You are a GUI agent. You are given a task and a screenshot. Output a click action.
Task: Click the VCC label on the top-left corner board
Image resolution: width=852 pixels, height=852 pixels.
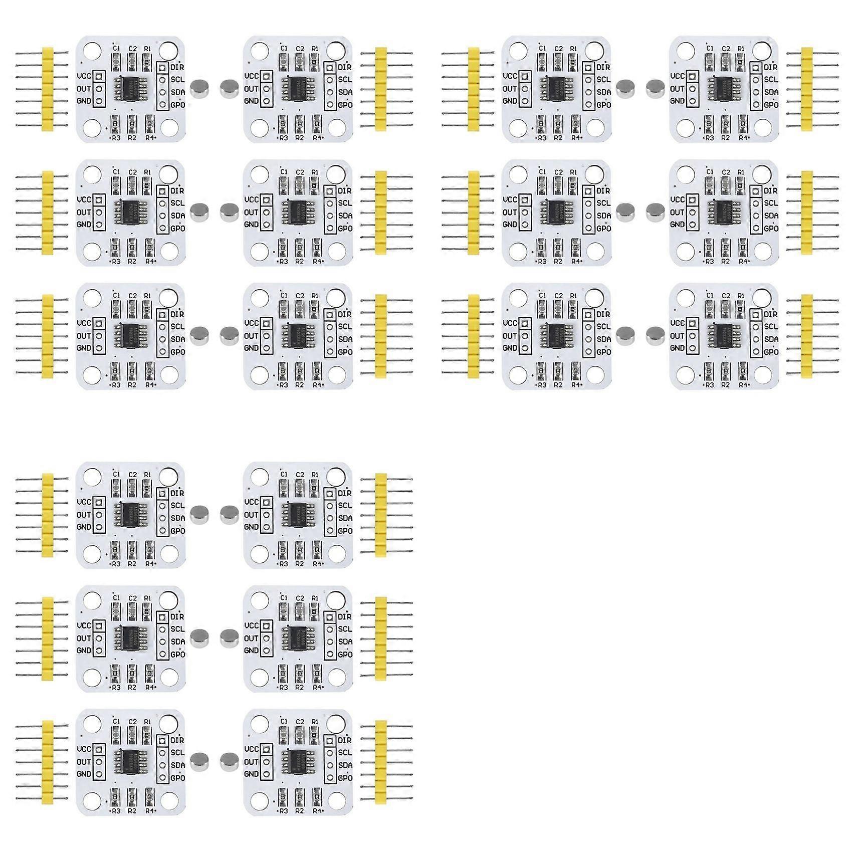84,76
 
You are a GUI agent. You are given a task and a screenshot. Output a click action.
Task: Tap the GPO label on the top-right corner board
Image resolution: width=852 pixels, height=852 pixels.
771,105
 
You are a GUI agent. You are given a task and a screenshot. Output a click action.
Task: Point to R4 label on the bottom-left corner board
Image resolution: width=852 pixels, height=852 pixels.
149,810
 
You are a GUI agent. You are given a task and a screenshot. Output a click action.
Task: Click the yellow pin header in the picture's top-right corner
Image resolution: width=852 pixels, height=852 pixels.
807,89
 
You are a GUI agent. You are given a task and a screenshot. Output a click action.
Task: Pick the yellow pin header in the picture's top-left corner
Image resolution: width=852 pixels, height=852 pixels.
48,89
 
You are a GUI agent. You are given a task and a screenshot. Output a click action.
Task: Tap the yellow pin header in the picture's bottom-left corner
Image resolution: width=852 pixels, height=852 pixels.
48,762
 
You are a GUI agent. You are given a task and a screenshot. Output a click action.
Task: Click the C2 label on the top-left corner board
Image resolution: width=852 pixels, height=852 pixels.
132,49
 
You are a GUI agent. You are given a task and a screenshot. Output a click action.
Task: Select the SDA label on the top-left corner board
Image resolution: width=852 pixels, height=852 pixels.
178,92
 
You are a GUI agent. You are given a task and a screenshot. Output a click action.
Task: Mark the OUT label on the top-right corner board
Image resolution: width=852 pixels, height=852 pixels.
677,89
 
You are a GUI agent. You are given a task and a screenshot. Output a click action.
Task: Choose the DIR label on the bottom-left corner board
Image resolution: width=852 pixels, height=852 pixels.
177,740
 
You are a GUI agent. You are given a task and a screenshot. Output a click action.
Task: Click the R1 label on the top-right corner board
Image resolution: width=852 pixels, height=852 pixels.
741,49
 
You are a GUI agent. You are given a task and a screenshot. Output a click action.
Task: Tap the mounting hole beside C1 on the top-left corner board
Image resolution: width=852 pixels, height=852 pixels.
92,51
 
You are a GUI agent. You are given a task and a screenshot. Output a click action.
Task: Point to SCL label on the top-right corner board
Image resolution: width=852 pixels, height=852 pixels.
771,79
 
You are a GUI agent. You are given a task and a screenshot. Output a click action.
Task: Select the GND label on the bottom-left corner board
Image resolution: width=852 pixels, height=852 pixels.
84,774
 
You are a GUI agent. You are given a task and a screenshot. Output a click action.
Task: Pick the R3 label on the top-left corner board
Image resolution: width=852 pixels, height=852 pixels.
116,138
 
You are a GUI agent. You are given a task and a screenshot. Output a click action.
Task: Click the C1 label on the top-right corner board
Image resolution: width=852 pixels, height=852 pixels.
710,49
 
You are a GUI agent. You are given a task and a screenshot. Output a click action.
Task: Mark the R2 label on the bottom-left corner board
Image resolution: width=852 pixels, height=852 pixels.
132,810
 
